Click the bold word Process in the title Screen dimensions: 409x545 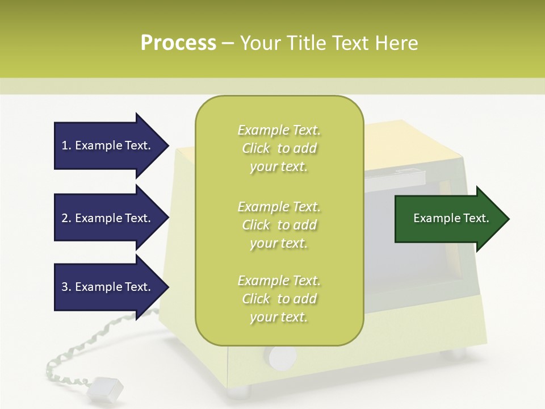(178, 43)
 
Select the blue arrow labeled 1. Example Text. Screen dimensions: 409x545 (108, 145)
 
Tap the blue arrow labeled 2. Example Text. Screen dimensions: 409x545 (108, 218)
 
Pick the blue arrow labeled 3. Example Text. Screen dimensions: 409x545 (108, 287)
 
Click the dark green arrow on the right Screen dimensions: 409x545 (448, 219)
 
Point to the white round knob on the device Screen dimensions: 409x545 (282, 357)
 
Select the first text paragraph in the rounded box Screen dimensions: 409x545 (279, 148)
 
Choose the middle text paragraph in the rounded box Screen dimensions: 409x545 (279, 225)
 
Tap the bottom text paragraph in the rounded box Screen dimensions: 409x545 (279, 299)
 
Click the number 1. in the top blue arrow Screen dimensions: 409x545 (66, 145)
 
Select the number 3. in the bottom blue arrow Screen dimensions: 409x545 (66, 287)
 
